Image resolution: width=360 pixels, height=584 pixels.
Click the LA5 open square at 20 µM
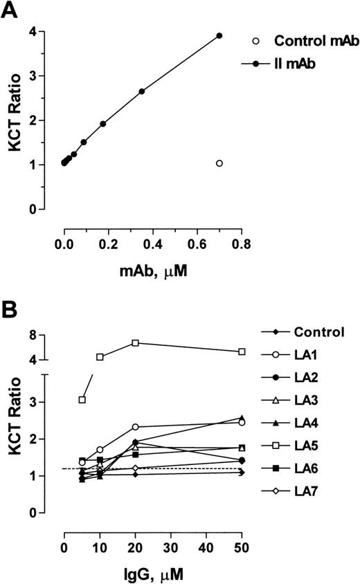click(x=136, y=343)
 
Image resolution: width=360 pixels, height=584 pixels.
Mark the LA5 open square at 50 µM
click(x=242, y=352)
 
